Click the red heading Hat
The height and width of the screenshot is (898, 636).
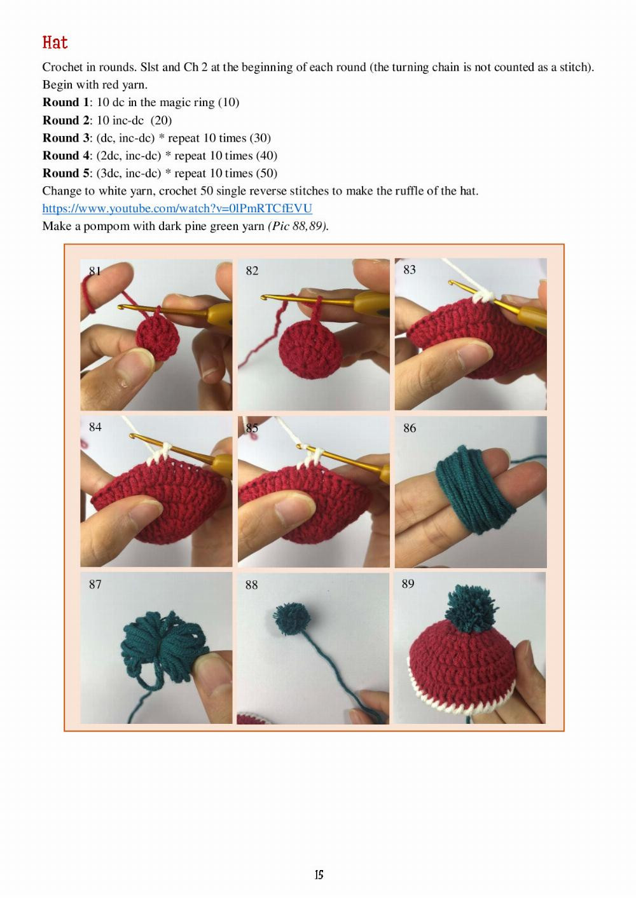click(x=55, y=42)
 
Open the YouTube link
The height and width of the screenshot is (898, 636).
click(x=177, y=208)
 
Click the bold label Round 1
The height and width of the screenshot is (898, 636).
click(x=66, y=102)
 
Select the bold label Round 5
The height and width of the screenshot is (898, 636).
click(x=66, y=173)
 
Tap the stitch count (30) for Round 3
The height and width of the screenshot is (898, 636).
click(x=260, y=138)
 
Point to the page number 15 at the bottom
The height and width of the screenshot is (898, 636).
click(x=319, y=874)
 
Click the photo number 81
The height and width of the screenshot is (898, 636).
click(x=95, y=271)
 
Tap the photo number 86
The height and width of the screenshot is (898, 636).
click(x=410, y=428)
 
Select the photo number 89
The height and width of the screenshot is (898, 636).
click(x=408, y=583)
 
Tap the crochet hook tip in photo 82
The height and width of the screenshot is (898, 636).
click(x=265, y=298)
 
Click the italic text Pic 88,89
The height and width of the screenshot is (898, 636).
click(x=298, y=226)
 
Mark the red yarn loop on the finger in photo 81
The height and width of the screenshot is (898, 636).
click(x=88, y=296)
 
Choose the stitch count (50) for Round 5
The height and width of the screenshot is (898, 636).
click(x=267, y=173)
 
